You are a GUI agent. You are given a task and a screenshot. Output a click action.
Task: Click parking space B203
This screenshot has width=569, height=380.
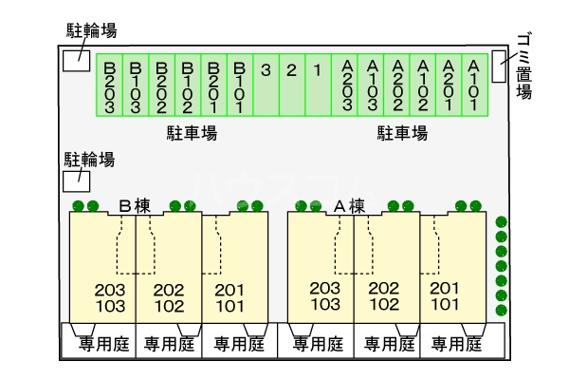[110, 85]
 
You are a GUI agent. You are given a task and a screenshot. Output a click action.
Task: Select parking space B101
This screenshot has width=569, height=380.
[241, 85]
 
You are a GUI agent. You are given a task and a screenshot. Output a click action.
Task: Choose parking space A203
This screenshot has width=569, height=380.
[346, 85]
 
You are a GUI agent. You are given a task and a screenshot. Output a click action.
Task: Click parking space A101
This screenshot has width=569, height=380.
[474, 85]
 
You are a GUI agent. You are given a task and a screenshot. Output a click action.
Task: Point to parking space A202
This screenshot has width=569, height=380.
[397, 85]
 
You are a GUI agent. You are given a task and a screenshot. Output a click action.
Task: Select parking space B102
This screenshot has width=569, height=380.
[188, 85]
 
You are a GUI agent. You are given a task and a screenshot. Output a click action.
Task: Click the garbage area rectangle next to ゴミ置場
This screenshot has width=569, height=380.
[499, 67]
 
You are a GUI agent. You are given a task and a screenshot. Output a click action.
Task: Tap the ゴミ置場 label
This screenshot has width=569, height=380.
[523, 64]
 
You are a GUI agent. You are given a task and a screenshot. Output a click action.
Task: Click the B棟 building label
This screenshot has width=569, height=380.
[136, 204]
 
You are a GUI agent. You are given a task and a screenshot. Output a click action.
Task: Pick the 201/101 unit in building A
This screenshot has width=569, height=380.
[444, 296]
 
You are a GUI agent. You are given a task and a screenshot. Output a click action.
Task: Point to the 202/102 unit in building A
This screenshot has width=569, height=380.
[384, 296]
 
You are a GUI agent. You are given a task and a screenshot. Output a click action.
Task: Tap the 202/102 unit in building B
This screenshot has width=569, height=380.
[169, 296]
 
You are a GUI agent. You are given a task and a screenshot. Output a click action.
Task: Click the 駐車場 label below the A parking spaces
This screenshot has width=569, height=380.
[402, 133]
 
